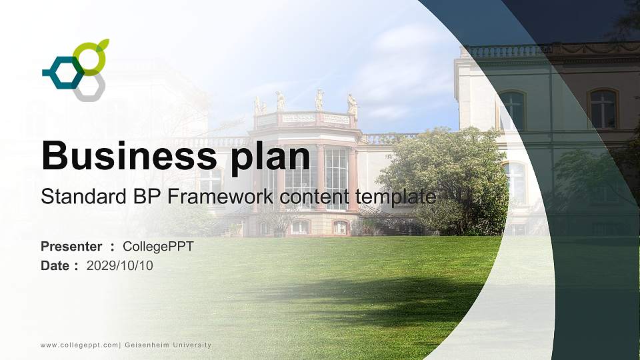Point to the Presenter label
coord(71,247)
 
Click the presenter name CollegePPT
coord(158,247)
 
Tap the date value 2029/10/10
coord(120,265)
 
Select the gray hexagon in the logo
coord(89,87)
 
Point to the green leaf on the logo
coord(103,45)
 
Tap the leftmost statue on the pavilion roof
coord(258,105)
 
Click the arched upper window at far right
coord(603,109)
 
